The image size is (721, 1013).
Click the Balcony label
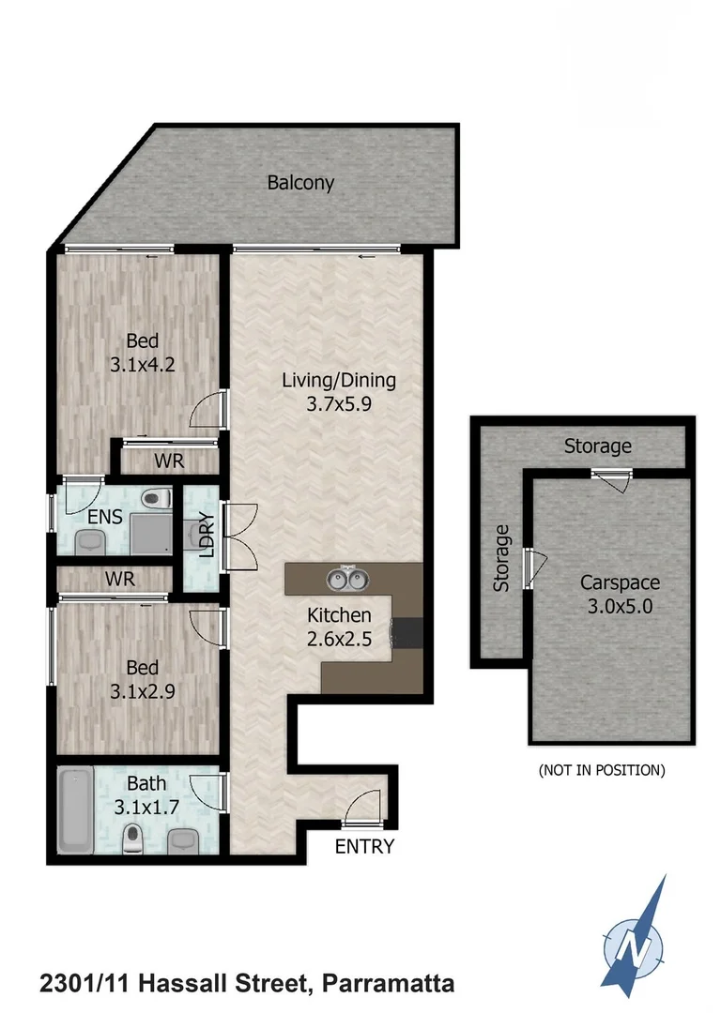tap(300, 183)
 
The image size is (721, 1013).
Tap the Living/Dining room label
tap(340, 381)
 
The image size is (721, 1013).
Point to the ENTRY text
tap(365, 847)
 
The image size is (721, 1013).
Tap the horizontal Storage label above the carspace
tap(597, 446)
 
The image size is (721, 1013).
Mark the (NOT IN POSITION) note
tap(601, 770)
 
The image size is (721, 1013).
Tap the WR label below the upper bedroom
tap(169, 461)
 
